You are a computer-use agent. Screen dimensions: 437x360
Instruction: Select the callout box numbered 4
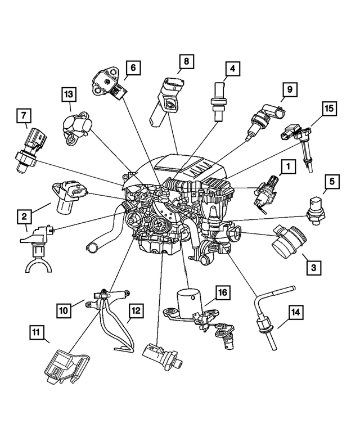231,70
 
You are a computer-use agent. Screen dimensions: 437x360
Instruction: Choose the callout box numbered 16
222,292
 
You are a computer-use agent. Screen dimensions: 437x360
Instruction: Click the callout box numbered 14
296,312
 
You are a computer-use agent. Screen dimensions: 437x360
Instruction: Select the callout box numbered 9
287,89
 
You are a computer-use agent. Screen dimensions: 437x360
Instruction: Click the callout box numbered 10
64,309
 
